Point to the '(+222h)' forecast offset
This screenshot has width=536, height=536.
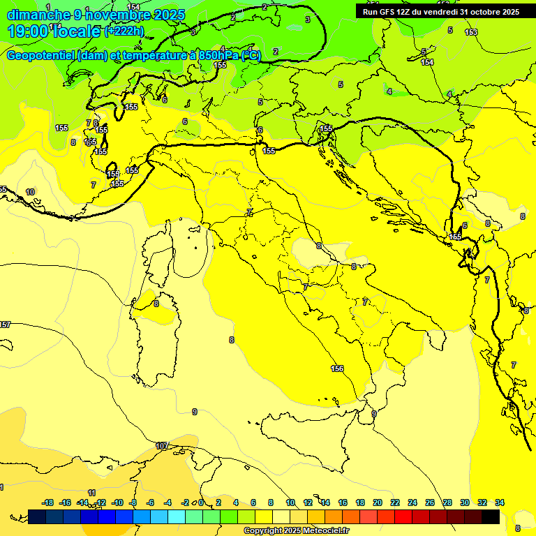[124, 31]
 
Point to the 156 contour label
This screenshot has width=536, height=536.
[337, 368]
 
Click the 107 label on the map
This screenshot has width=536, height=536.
[162, 445]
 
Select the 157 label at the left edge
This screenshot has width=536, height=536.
[5, 325]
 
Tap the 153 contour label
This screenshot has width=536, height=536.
[471, 33]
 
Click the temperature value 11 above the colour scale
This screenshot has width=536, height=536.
[91, 493]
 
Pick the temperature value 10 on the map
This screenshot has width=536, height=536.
[30, 192]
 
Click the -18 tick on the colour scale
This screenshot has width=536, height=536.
[47, 502]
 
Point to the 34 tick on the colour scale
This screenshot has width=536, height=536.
[499, 502]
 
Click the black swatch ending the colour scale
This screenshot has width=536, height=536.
[491, 516]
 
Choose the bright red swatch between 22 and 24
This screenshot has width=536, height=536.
[403, 516]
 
